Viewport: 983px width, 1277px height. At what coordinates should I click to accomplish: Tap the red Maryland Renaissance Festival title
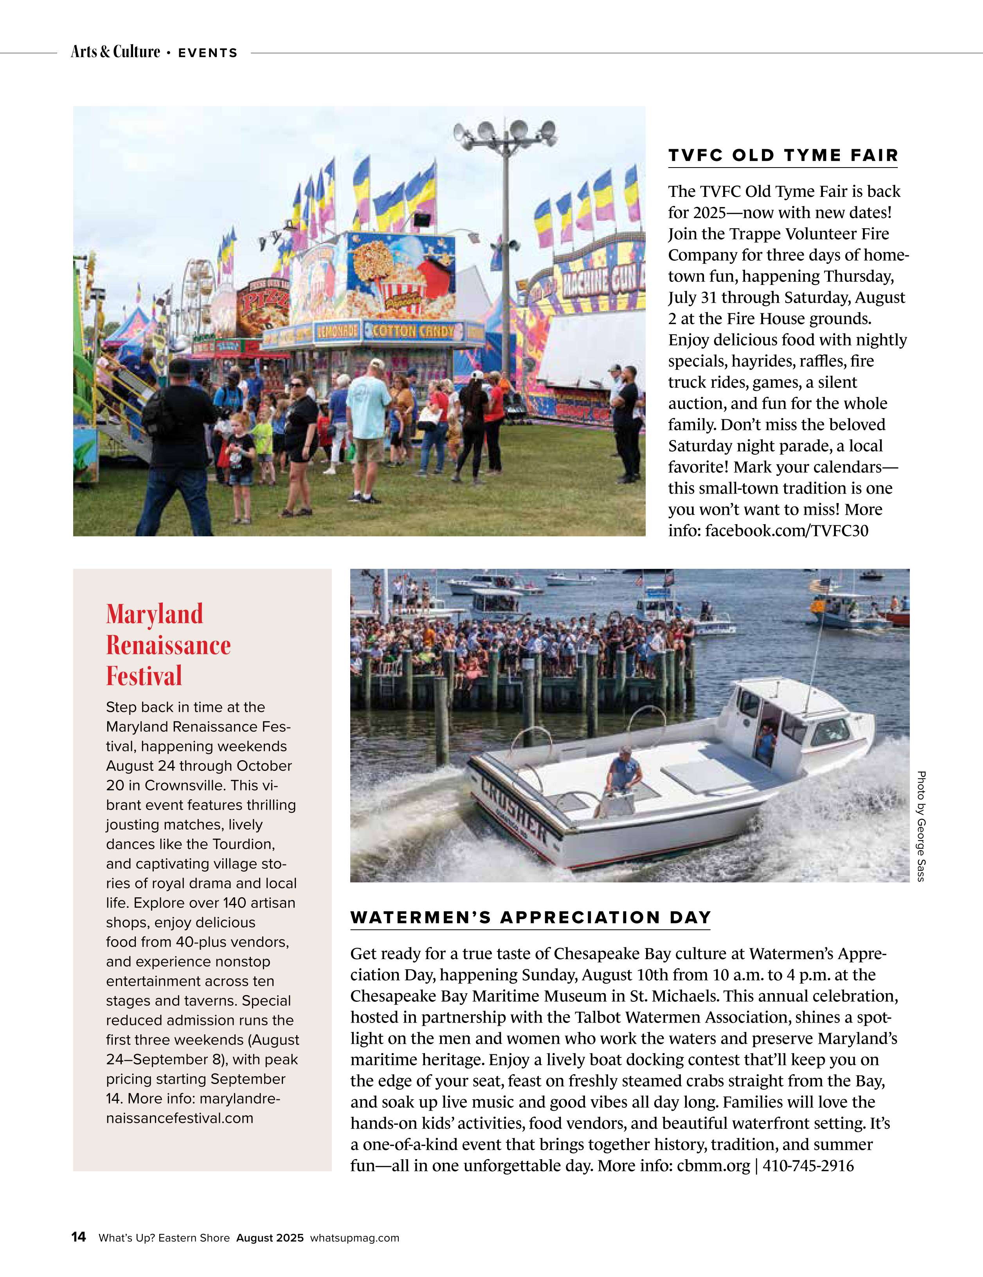click(x=168, y=644)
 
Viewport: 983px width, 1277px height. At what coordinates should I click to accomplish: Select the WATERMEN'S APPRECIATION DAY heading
click(x=530, y=917)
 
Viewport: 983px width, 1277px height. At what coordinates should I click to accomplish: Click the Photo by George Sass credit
click(x=921, y=826)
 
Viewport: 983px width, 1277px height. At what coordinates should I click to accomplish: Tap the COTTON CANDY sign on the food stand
click(x=413, y=332)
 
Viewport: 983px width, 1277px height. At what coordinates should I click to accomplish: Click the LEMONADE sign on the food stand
click(x=337, y=332)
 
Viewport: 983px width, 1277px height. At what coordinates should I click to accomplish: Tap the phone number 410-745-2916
click(x=808, y=1165)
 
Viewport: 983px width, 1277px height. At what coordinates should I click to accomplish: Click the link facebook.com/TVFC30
click(x=787, y=530)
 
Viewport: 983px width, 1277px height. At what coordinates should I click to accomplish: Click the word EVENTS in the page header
click(x=207, y=52)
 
